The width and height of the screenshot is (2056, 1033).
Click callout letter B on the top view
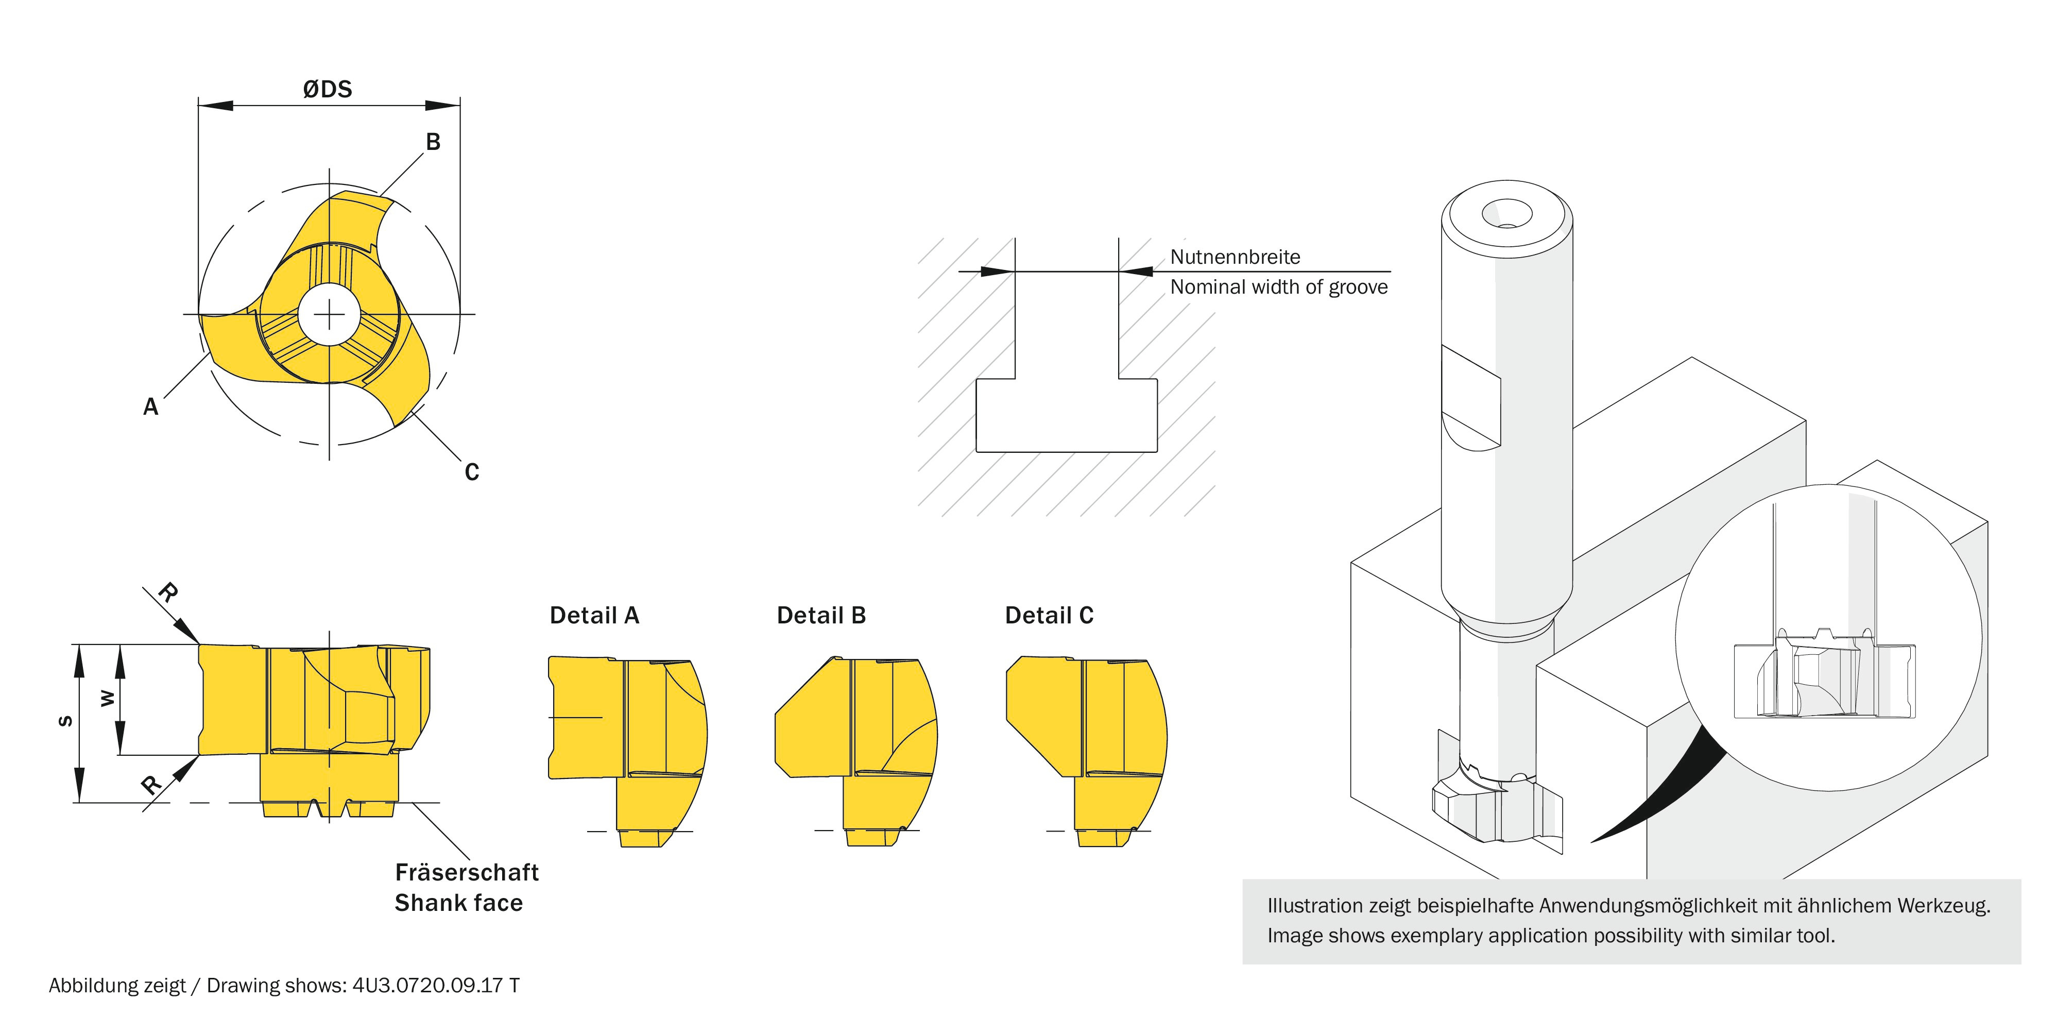(x=433, y=142)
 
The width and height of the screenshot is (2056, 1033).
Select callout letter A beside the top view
(x=150, y=407)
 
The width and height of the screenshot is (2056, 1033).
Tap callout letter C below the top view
(x=472, y=472)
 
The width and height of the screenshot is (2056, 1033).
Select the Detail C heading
(x=1049, y=616)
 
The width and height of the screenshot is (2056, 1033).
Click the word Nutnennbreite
(x=1235, y=257)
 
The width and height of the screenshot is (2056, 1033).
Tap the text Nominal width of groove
(x=1279, y=287)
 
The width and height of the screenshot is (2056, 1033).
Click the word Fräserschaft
(x=467, y=873)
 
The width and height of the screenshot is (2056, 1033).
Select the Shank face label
(x=459, y=903)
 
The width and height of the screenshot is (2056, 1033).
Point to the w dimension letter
(x=106, y=699)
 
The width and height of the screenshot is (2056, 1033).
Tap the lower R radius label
(x=151, y=785)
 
